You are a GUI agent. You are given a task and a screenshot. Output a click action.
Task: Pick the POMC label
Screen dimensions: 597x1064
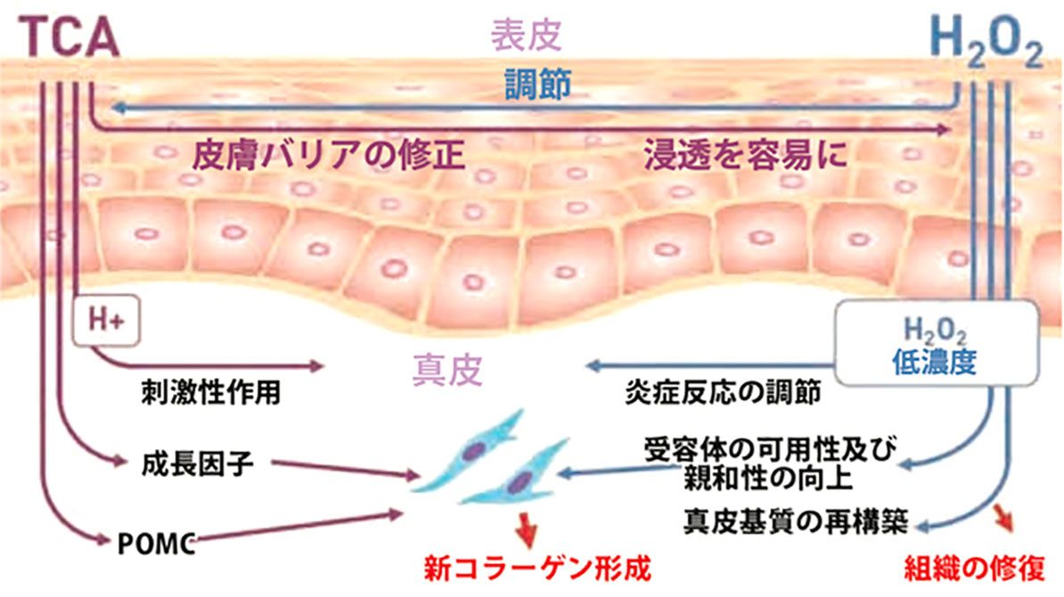154,541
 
